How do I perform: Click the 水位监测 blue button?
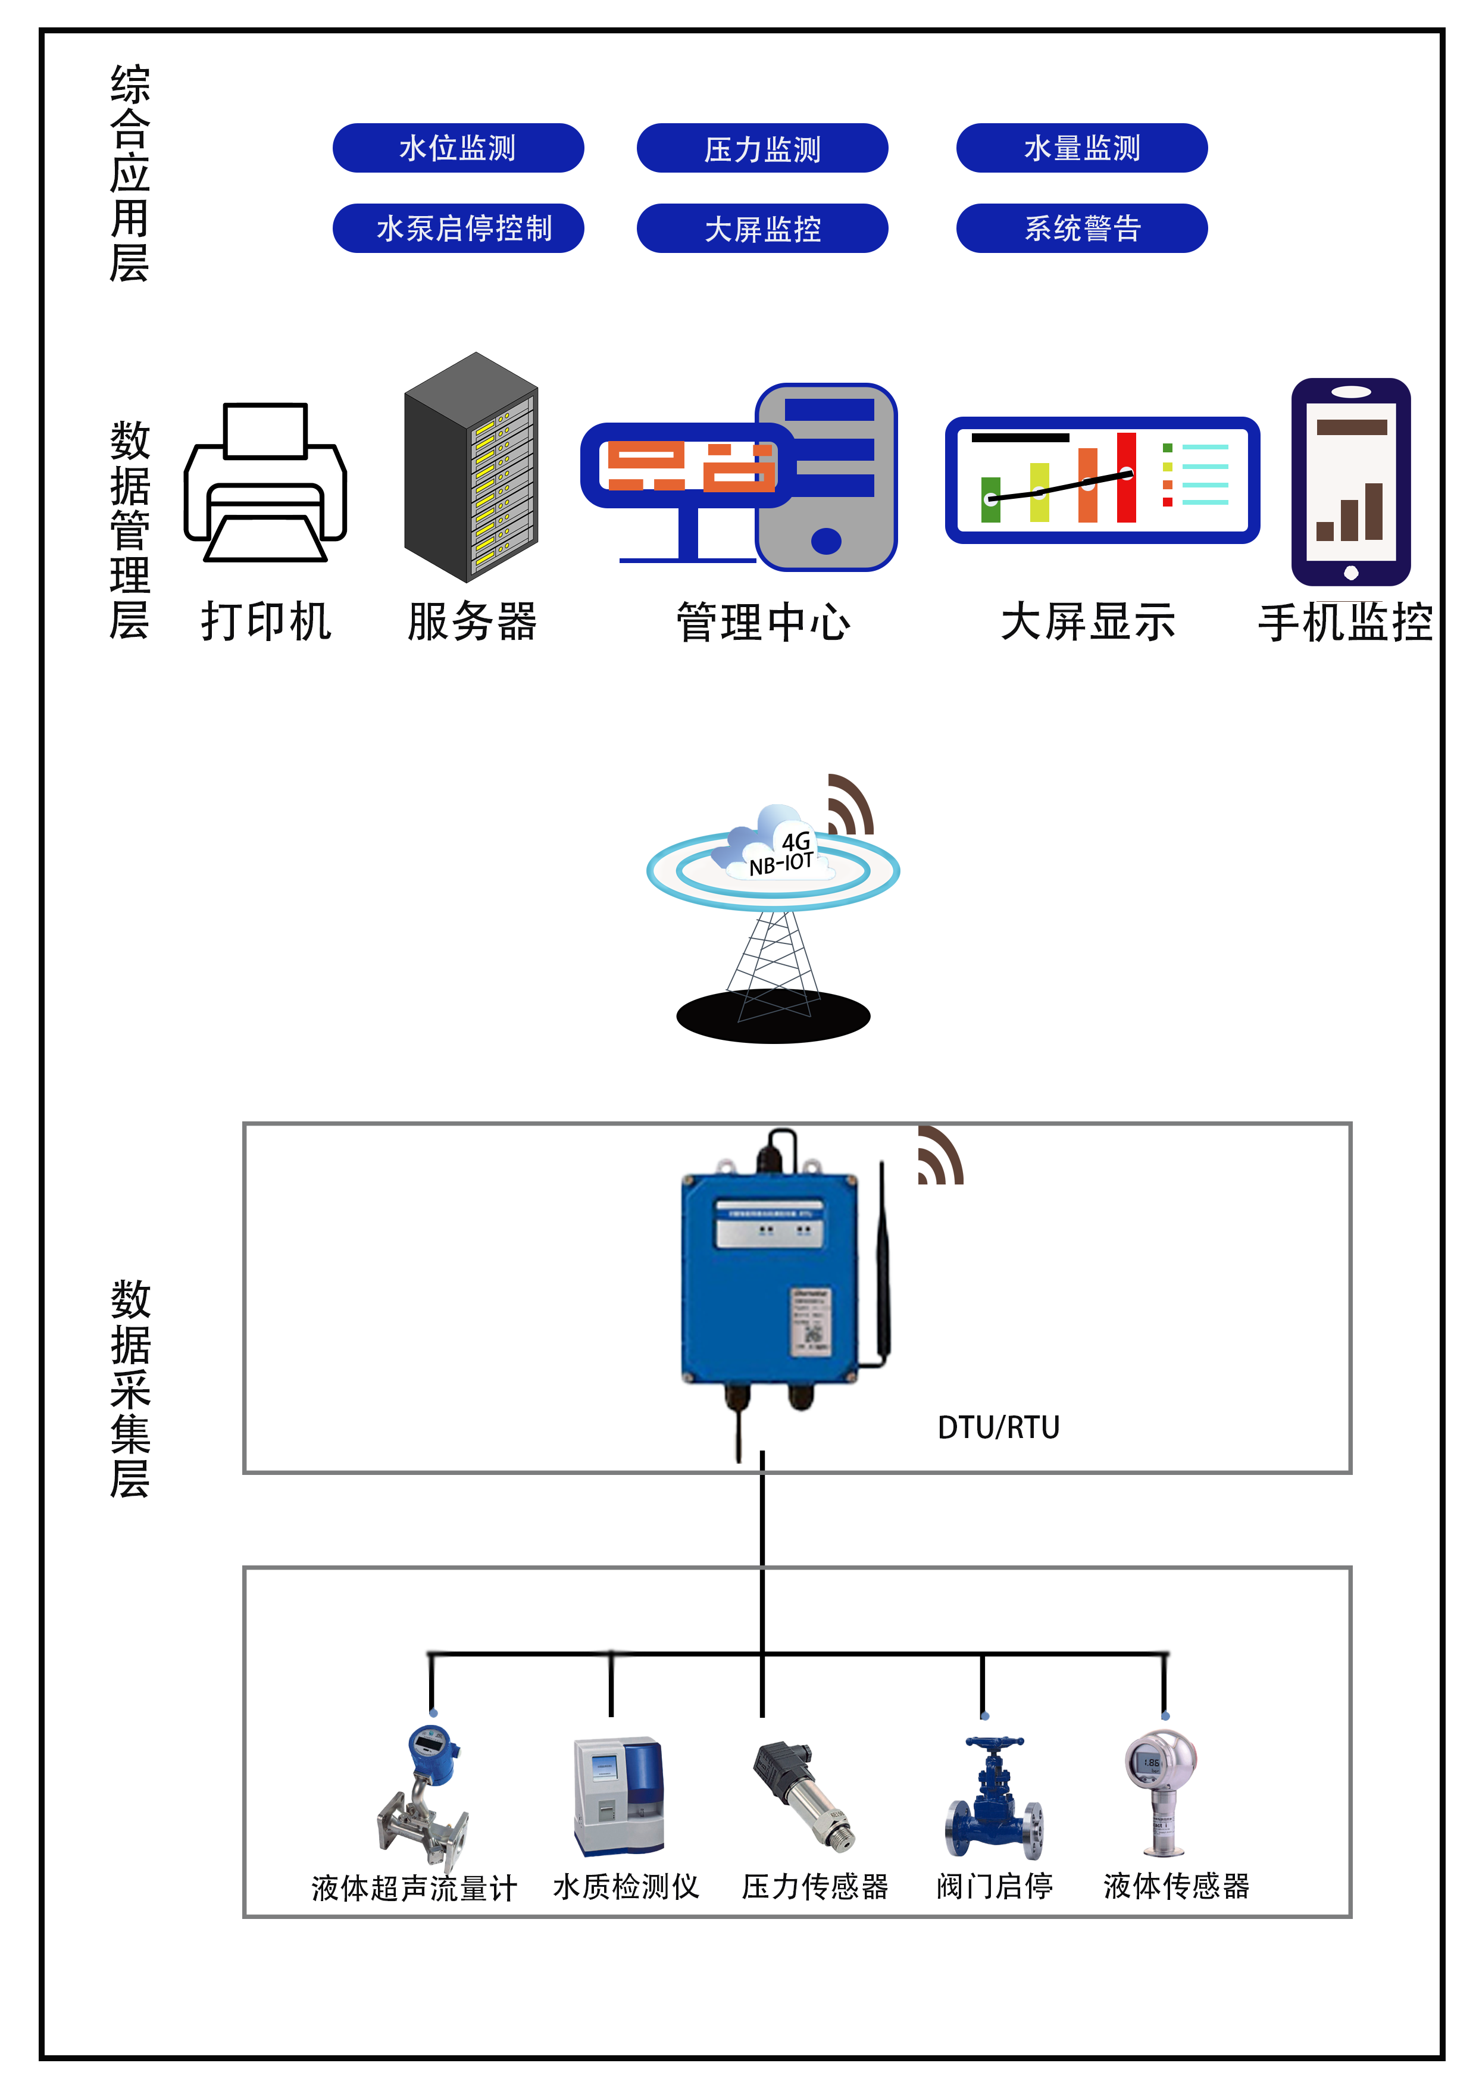458,148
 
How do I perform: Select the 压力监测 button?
762,148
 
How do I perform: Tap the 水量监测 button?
1081,148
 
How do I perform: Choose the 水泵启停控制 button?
458,227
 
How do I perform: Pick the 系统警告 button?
1081,227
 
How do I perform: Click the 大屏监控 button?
762,227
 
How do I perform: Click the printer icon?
265,482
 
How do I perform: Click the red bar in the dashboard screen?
1126,477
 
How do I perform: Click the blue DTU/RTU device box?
768,1278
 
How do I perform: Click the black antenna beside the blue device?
882,1264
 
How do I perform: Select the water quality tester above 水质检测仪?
618,1796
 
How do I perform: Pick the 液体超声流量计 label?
414,1888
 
